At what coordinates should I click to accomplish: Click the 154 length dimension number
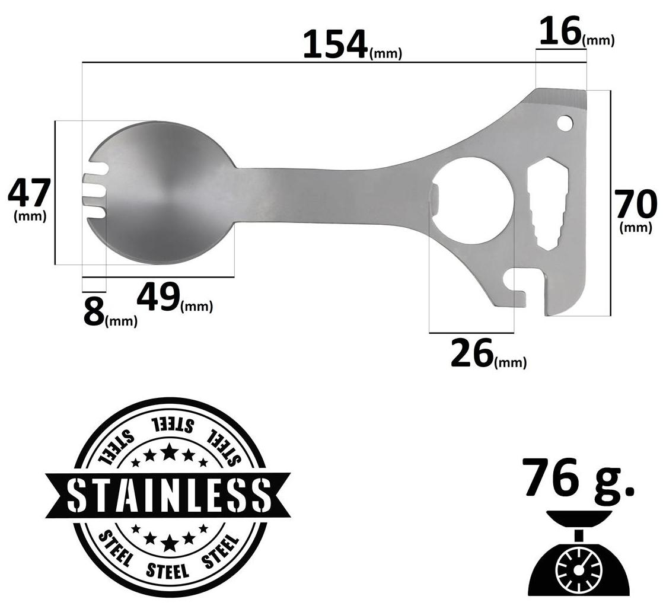tap(335, 44)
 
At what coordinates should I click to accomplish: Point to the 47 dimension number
tap(29, 193)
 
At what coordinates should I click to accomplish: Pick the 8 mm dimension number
tap(94, 312)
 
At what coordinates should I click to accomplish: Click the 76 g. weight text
tap(578, 477)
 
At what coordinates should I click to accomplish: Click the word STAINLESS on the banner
tap(168, 495)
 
